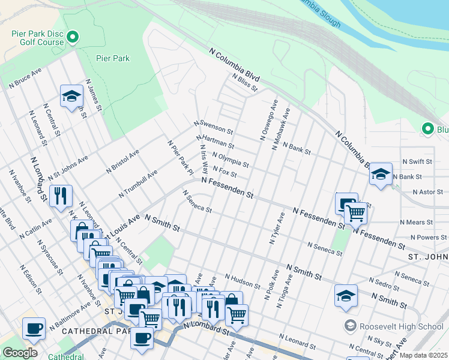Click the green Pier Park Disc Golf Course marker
tap(73, 38)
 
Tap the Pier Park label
tap(113, 58)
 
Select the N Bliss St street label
tap(244, 82)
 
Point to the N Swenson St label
tap(213, 127)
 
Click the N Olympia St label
tap(230, 160)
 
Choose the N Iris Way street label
tap(204, 159)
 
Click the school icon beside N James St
tap(71, 95)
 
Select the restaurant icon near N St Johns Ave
tap(61, 195)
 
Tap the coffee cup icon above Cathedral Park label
tap(34, 328)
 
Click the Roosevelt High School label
tap(402, 326)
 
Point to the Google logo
tap(20, 353)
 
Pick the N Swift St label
tap(417, 161)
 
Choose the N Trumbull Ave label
tap(137, 184)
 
